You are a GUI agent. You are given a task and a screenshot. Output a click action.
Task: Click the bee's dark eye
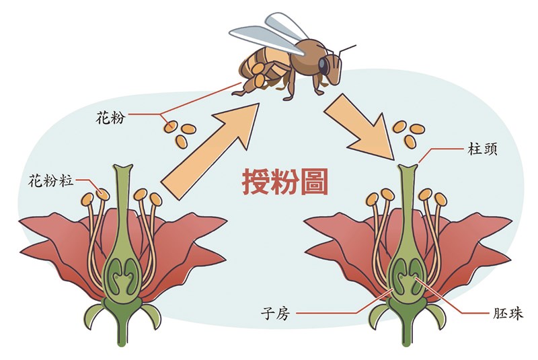pos(325,65)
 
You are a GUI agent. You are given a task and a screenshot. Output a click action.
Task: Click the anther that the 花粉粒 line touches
pos(103,194)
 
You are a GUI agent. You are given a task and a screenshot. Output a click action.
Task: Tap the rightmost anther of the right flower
pos(440,199)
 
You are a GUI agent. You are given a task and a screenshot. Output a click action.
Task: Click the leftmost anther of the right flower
pos(373,199)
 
